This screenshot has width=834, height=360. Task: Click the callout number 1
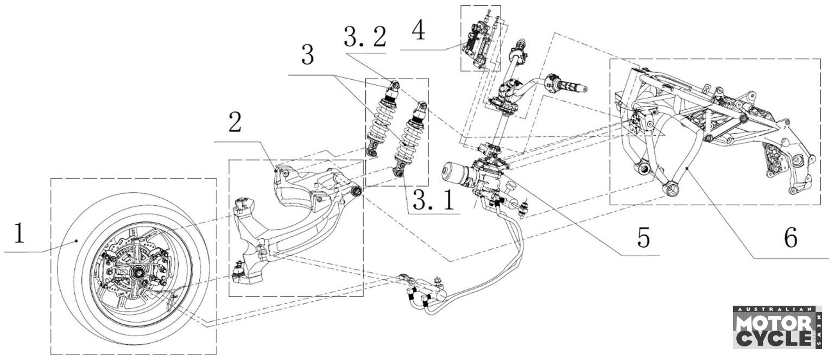pos(20,233)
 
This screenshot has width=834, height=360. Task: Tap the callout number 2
pos(235,122)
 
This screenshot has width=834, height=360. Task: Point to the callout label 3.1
pos(433,200)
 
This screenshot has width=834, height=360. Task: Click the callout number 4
pos(419,30)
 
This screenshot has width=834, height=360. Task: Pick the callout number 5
pos(644,237)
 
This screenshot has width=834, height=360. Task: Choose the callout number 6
pos(791,237)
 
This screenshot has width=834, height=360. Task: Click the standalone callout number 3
pos(307,55)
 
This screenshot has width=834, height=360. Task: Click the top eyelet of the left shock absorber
pos(395,84)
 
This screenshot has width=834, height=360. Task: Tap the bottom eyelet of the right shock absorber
pos(398,172)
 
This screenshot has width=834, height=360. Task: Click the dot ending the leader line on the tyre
pos(77,241)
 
